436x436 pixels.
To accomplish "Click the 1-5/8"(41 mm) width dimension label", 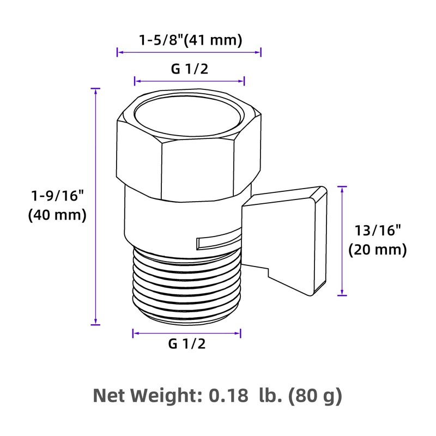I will coord(190,40).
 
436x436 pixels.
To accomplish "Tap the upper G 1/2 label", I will coord(190,69).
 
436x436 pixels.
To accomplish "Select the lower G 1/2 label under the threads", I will coord(187,344).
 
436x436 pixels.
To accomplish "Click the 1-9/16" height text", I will coord(57,195).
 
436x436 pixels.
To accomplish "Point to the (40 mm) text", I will coord(57,215).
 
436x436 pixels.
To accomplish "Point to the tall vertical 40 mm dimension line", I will coord(96,207).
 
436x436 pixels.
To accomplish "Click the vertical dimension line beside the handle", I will coord(342,240).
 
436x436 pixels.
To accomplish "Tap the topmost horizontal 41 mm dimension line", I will coord(190,52).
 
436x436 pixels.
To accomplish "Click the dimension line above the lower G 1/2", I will coord(187,332).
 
